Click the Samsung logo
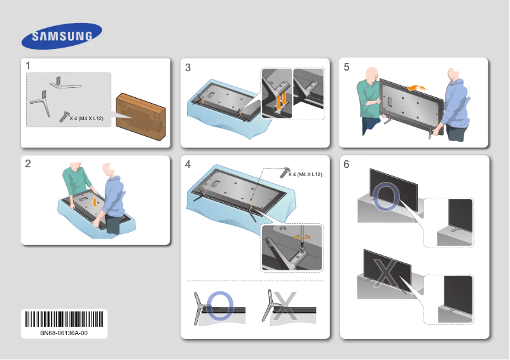point(62,36)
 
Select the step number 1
point(29,66)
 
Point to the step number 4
point(188,164)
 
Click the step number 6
point(347,164)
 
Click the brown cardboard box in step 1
point(141,115)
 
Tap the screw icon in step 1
point(64,116)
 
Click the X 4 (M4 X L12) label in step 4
point(305,174)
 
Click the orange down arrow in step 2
point(95,201)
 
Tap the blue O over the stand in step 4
point(219,306)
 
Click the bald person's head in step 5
point(373,74)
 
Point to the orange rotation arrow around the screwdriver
point(300,235)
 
